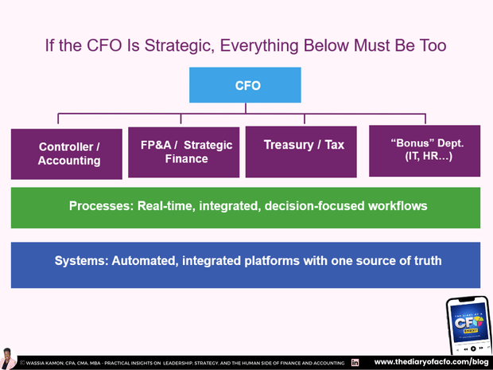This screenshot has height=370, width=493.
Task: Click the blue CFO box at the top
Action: click(x=245, y=85)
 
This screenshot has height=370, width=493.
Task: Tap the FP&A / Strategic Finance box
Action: click(x=184, y=152)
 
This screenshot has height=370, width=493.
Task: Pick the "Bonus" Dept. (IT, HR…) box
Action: click(x=424, y=150)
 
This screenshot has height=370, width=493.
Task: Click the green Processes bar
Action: click(x=246, y=207)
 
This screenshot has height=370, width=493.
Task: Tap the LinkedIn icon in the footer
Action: click(x=355, y=362)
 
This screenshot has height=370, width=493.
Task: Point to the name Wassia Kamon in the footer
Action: click(x=52, y=363)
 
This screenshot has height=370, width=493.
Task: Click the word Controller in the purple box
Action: click(x=66, y=146)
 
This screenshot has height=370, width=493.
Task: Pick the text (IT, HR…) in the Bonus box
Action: click(x=424, y=158)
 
